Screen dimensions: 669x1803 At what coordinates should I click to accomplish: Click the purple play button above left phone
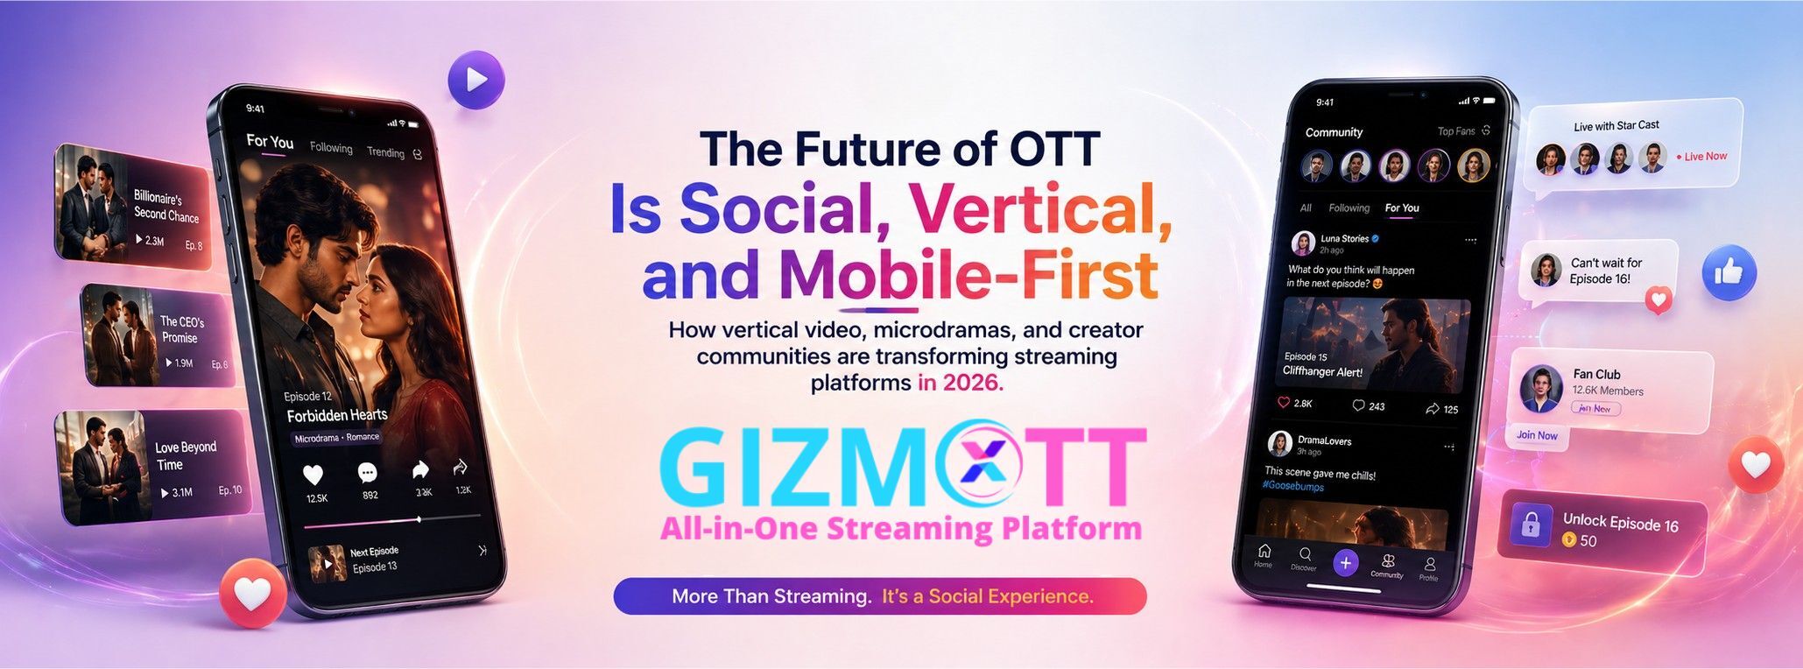pyautogui.click(x=476, y=81)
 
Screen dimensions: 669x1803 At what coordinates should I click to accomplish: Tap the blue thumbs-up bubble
pyautogui.click(x=1729, y=273)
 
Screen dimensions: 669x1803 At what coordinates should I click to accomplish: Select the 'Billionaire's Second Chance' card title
pyautogui.click(x=166, y=206)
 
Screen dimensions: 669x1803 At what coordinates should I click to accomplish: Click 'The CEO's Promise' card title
pyautogui.click(x=181, y=329)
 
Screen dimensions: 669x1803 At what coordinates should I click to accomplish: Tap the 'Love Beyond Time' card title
pyautogui.click(x=185, y=455)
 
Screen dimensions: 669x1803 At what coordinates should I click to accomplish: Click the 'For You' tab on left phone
pyautogui.click(x=270, y=141)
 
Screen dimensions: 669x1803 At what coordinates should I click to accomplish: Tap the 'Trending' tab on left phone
pyautogui.click(x=385, y=152)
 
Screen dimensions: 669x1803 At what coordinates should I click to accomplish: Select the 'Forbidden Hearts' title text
pyautogui.click(x=336, y=415)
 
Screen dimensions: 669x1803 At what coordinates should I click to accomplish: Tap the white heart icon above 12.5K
pyautogui.click(x=313, y=475)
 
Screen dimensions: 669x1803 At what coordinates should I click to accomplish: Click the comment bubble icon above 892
pyautogui.click(x=368, y=473)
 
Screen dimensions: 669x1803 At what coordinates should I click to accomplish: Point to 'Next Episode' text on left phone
pyautogui.click(x=374, y=552)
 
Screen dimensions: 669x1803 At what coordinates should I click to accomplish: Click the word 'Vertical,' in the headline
pyautogui.click(x=1040, y=208)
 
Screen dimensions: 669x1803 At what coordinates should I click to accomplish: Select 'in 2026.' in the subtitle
pyautogui.click(x=960, y=383)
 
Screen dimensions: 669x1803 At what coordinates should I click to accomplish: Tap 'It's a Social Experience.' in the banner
pyautogui.click(x=987, y=596)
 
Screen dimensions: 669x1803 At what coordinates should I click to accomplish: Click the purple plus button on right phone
pyautogui.click(x=1345, y=563)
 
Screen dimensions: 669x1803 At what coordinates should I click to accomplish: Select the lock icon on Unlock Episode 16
pyautogui.click(x=1531, y=525)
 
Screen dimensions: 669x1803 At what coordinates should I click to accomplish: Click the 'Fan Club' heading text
pyautogui.click(x=1596, y=374)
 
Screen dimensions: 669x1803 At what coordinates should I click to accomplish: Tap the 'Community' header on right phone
pyautogui.click(x=1334, y=132)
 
